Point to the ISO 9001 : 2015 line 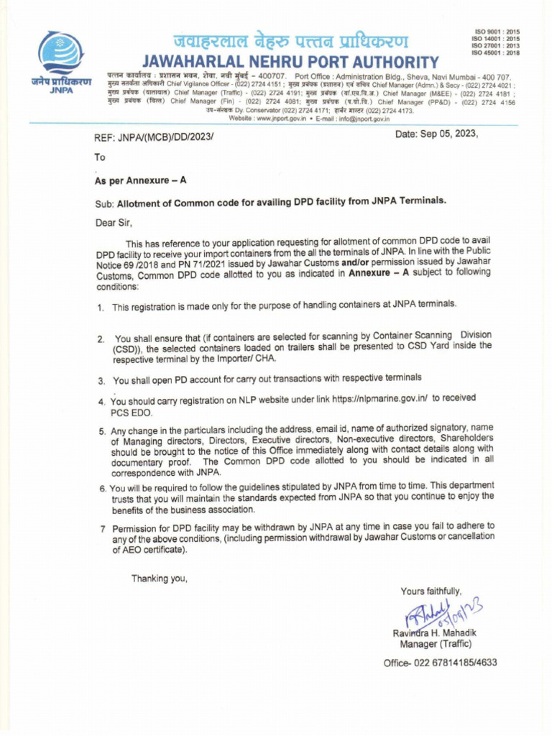[x=497, y=32]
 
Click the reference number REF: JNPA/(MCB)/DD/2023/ [x=155, y=137]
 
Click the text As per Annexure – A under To [x=140, y=180]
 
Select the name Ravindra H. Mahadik [x=434, y=632]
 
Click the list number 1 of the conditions [x=101, y=308]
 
